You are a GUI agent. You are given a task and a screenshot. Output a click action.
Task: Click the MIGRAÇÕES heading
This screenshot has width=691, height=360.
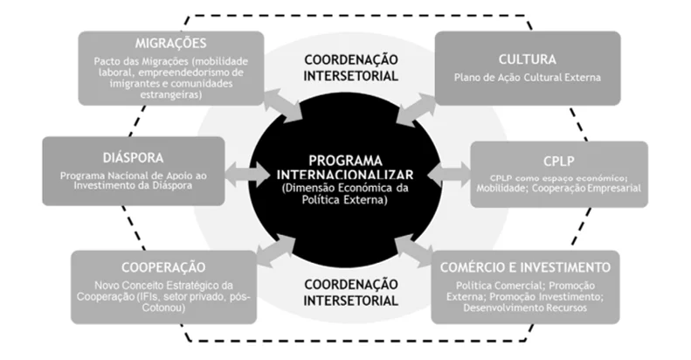(170, 43)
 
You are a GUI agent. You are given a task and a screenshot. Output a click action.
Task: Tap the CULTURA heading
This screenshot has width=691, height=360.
(528, 59)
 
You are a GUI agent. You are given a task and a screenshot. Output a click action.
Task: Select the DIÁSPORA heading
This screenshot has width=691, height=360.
(133, 158)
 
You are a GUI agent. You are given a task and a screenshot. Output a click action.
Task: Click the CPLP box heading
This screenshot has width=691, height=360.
(559, 162)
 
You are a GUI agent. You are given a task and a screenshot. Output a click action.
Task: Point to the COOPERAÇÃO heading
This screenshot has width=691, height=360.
(163, 267)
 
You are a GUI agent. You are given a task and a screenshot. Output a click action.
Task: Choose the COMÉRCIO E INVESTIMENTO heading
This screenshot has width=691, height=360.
(525, 267)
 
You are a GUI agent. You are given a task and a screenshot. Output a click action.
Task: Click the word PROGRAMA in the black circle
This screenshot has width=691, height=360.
(346, 161)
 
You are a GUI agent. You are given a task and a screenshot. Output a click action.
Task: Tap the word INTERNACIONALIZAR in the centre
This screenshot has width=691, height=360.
(346, 175)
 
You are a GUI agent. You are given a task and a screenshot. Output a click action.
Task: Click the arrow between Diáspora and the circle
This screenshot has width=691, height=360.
(247, 174)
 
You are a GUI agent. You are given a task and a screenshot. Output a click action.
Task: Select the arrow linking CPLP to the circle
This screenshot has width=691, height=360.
(449, 174)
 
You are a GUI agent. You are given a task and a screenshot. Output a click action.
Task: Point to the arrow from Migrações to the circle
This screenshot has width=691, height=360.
(283, 105)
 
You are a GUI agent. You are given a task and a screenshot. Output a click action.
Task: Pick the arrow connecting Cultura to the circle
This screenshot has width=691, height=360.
(415, 109)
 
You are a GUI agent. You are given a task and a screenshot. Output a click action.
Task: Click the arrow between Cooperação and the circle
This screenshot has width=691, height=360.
(276, 250)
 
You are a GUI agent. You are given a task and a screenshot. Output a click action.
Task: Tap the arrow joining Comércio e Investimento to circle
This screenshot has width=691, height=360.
(413, 251)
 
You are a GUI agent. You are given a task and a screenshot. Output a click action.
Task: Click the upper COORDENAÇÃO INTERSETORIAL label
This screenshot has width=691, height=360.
(351, 68)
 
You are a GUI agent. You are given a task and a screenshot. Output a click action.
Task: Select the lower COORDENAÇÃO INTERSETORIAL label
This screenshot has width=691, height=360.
(351, 293)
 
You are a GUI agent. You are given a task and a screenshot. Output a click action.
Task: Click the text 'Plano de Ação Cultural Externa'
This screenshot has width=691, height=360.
(528, 78)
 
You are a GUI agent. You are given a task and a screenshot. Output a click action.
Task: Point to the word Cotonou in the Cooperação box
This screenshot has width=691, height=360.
(163, 308)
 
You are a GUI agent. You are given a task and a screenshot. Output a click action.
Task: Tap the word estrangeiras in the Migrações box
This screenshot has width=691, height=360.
(171, 94)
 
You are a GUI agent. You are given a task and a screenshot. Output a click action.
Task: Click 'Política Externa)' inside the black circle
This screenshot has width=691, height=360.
(344, 200)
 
